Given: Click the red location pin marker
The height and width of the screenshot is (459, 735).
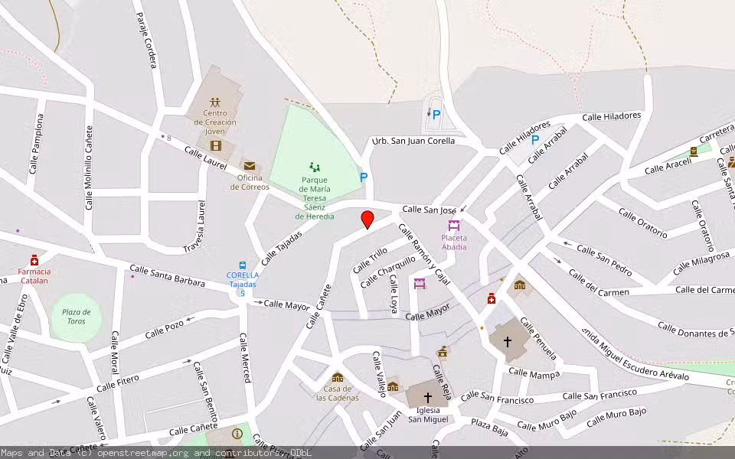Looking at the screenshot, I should click(x=367, y=219).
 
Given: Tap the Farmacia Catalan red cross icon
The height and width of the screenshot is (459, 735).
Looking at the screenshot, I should click(x=34, y=260).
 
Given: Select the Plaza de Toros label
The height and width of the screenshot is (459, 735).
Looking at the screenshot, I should click(x=77, y=316).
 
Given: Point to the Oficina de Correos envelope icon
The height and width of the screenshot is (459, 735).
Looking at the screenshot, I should click(x=249, y=165).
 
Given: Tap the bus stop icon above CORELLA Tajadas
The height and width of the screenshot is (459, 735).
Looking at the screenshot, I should click(x=243, y=264).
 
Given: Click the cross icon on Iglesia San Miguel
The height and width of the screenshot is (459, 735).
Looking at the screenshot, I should click(x=427, y=398).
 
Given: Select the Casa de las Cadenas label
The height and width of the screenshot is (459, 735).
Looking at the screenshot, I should click(x=337, y=393).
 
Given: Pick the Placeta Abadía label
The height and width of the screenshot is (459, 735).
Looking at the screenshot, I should click(x=454, y=242).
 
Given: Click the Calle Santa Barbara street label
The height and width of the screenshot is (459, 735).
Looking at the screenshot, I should click(x=167, y=276).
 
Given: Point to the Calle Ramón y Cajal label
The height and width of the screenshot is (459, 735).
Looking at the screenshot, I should click(x=423, y=256).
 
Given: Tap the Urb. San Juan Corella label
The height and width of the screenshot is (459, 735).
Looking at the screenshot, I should click(x=413, y=141).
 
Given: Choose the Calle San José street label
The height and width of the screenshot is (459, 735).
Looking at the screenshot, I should click(x=429, y=209).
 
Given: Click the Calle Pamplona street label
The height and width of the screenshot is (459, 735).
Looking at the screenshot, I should click(x=36, y=144).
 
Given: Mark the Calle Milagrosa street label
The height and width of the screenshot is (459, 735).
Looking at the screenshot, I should click(x=701, y=263).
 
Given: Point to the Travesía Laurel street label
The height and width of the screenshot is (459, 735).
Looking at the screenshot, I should click(x=196, y=227).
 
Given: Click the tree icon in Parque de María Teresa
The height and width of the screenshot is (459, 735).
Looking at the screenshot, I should click(x=314, y=167).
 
